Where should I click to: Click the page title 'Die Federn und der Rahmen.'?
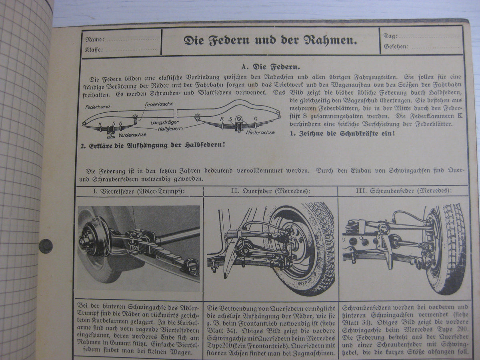pos(270,40)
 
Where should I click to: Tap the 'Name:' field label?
pos(95,40)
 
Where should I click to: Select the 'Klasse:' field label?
pos(94,50)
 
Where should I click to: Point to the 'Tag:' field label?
pos(390,36)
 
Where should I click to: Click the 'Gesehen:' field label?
pos(396,46)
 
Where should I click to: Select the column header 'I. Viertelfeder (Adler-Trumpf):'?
pos(139,191)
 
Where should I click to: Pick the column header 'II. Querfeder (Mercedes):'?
pos(271,191)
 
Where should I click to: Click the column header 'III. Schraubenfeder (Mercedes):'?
pos(402,191)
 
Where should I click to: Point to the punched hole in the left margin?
pos(45,246)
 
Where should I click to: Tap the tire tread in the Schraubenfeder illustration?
pos(454,248)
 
